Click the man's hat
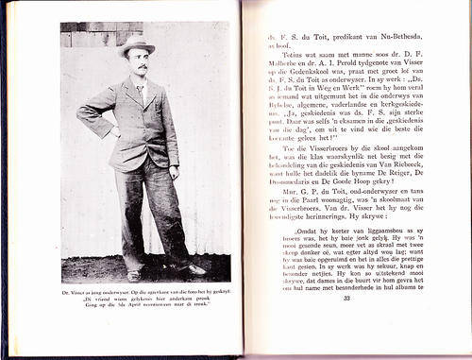pos(138,44)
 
